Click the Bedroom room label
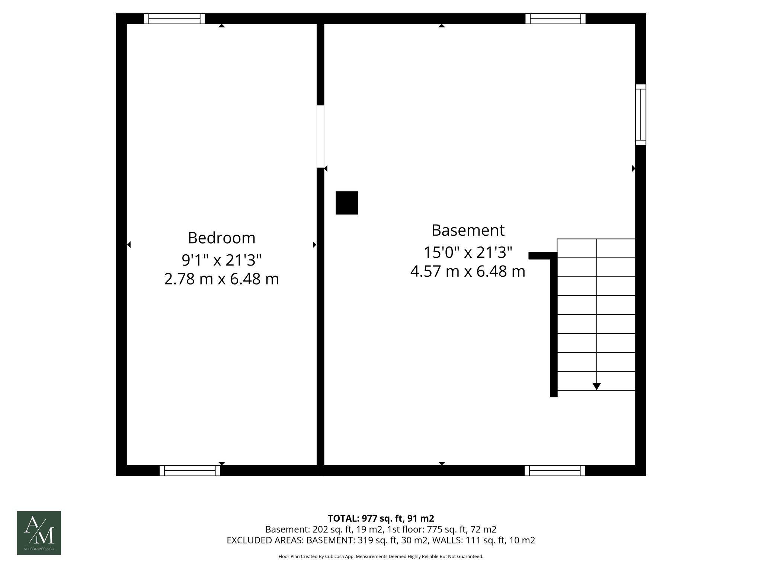(x=221, y=238)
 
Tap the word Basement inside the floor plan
(x=468, y=231)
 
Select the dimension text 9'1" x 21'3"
(x=221, y=260)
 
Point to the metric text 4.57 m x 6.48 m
(x=468, y=271)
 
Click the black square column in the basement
(x=347, y=203)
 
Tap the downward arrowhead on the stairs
(x=596, y=386)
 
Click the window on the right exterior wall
(x=640, y=114)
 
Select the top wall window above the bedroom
(x=175, y=19)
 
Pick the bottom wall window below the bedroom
(x=190, y=471)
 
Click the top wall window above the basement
(x=555, y=19)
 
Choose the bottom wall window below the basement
(x=554, y=471)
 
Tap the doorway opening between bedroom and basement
(x=320, y=136)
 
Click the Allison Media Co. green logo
(x=39, y=533)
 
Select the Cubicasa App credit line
(x=381, y=557)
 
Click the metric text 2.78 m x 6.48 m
(x=221, y=279)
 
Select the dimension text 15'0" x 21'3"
(x=468, y=252)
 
